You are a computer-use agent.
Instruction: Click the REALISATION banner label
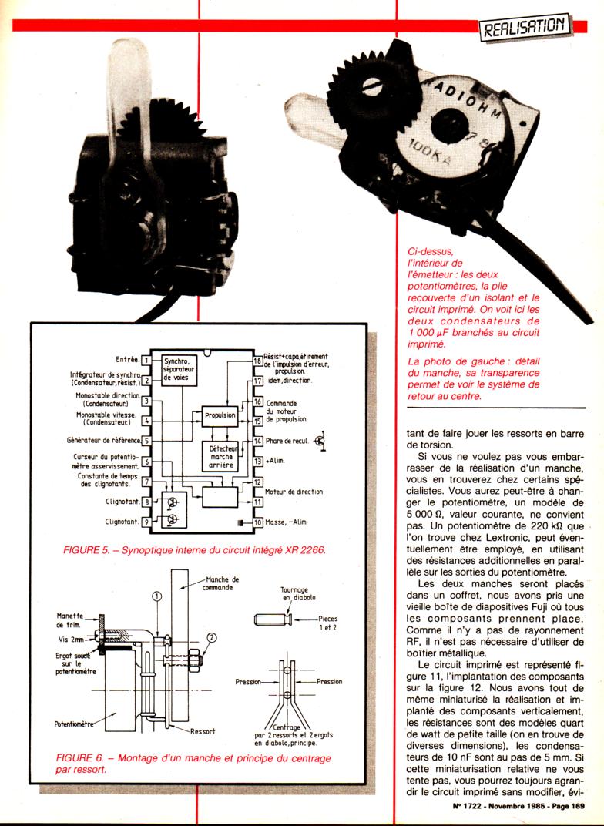tap(525, 26)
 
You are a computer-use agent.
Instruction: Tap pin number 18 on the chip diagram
tap(258, 361)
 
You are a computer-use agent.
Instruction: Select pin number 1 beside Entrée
tap(146, 361)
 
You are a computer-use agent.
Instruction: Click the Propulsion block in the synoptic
tap(220, 415)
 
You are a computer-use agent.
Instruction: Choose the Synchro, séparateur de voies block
tap(179, 370)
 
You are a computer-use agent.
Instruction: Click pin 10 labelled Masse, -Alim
tap(258, 522)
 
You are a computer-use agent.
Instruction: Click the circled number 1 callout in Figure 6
tap(157, 596)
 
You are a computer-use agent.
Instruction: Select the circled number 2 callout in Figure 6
tap(211, 637)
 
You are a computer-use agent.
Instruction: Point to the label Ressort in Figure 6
tap(203, 731)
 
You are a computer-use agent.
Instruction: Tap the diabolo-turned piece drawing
tap(273, 619)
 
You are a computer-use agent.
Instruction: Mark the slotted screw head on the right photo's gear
tap(372, 86)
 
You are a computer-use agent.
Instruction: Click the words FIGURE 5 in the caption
tap(82, 550)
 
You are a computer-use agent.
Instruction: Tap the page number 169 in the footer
tap(577, 805)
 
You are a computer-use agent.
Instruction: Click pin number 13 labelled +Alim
tap(258, 461)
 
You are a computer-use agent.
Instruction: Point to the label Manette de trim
tap(70, 620)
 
